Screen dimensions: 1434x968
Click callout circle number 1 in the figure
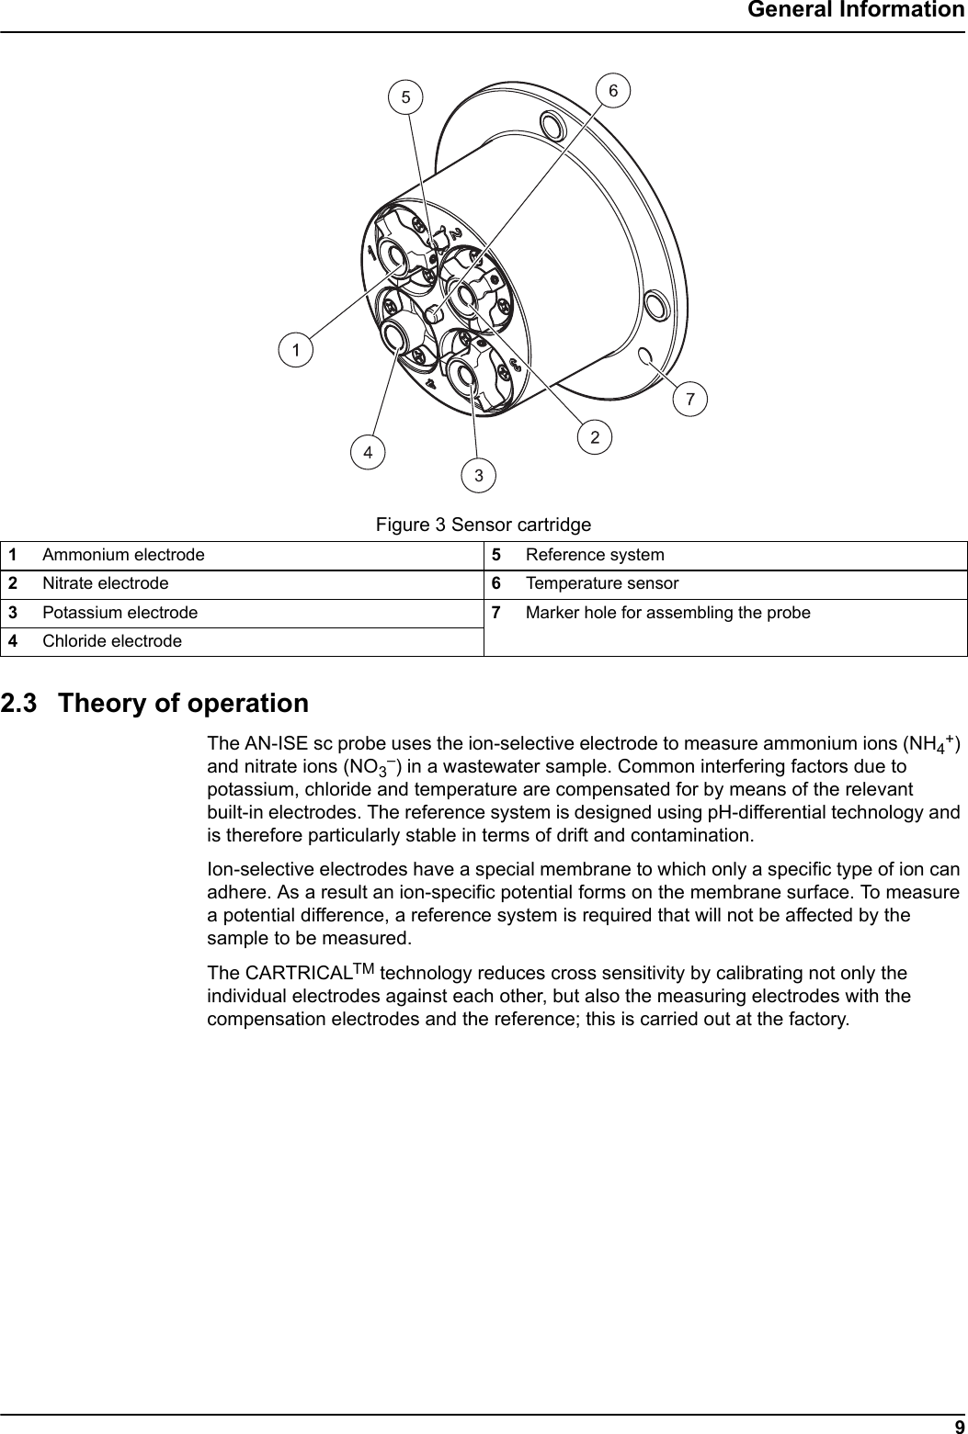pyautogui.click(x=296, y=349)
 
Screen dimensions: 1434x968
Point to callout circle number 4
pyautogui.click(x=368, y=452)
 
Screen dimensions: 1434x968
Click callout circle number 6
pyautogui.click(x=614, y=90)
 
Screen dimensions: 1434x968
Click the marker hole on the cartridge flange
pyautogui.click(x=645, y=356)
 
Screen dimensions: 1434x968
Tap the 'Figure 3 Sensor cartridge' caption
pyautogui.click(x=483, y=525)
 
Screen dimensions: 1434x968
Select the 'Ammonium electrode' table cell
pyautogui.click(x=123, y=555)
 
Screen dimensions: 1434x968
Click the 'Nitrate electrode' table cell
pyautogui.click(x=106, y=583)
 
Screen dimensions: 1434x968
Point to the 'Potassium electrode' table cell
pyautogui.click(x=120, y=612)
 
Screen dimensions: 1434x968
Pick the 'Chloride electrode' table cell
pyautogui.click(x=112, y=640)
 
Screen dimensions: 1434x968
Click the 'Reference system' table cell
pyautogui.click(x=595, y=555)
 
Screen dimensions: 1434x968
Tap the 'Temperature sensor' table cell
pyautogui.click(x=602, y=583)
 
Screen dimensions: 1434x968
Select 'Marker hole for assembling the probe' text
pyautogui.click(x=668, y=612)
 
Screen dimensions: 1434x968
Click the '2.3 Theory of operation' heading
pyautogui.click(x=154, y=704)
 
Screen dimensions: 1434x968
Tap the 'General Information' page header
pyautogui.click(x=855, y=11)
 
